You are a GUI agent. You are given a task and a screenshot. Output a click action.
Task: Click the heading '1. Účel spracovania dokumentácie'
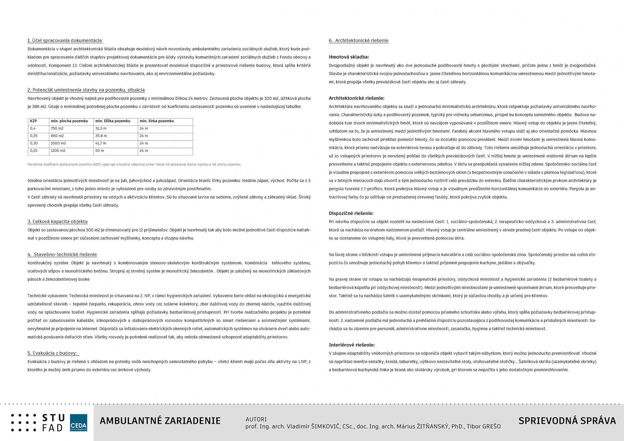pos(65,41)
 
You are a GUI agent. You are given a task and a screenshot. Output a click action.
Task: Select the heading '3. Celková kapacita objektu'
pos(57,221)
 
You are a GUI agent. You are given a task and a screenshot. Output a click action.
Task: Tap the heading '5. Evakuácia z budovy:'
pos(52,353)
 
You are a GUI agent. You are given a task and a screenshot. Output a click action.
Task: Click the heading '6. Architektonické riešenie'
pos(358,41)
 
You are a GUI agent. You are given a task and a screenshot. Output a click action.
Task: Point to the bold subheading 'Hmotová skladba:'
pos(349,57)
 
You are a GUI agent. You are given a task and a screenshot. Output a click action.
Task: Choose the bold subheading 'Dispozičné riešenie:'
pos(351,213)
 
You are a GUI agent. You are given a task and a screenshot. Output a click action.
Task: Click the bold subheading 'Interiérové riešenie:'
pos(352,345)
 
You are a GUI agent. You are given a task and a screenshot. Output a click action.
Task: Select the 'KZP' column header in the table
pos(33,121)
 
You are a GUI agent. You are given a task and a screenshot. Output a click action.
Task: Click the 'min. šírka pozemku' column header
pos(157,121)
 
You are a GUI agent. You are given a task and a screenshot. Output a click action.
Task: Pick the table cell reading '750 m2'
pos(57,129)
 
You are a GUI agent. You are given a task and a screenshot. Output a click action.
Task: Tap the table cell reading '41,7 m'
pos(101,143)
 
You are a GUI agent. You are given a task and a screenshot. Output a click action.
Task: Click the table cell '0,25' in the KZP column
pos(33,151)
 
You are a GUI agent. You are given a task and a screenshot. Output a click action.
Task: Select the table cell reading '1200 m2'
pos(58,151)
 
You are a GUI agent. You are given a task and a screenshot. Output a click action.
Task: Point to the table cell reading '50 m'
pos(100,151)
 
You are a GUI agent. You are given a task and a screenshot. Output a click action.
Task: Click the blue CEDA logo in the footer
pos(78,423)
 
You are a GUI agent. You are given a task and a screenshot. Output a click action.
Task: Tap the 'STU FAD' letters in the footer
pos(53,423)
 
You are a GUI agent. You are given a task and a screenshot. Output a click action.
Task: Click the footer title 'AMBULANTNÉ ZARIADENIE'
pos(160,421)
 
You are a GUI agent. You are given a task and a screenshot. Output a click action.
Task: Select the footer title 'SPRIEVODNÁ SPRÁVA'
pos(567,421)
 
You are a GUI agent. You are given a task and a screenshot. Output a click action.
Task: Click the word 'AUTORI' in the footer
pos(256,419)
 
